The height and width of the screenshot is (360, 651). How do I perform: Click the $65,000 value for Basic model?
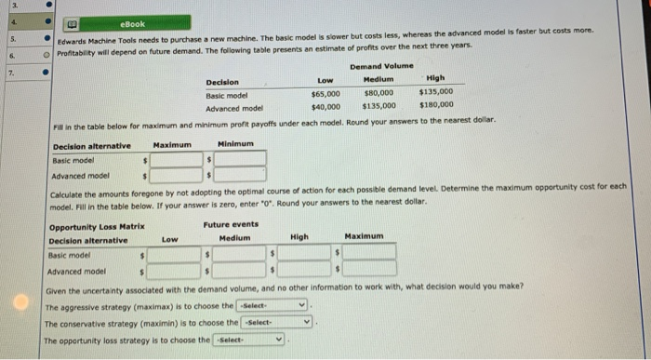point(325,93)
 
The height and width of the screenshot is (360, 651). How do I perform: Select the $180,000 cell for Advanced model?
point(435,105)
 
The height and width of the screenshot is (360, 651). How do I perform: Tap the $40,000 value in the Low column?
point(325,105)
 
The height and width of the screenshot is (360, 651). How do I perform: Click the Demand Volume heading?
point(382,67)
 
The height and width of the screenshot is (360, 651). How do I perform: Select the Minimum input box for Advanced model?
point(241,174)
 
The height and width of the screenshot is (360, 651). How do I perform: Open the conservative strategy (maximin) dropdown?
point(280,323)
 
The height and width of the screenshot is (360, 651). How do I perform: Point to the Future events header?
point(230,225)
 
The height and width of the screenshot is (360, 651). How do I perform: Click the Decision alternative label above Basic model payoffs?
point(92,145)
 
